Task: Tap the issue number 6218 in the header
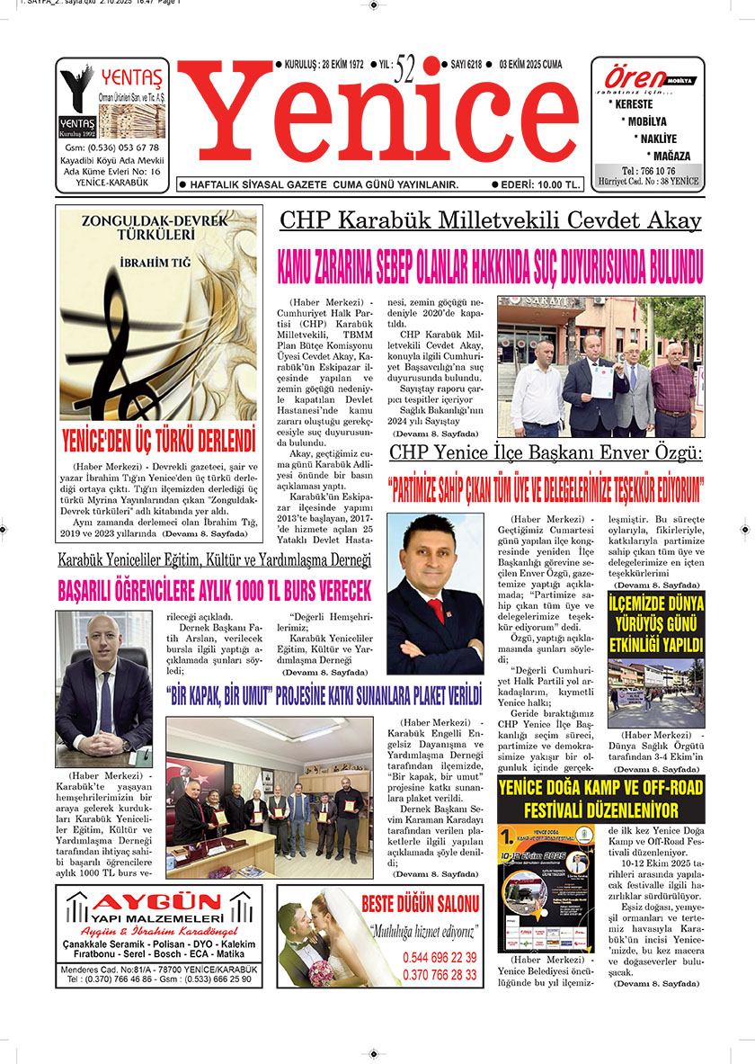point(466,65)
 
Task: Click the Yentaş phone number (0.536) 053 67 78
point(112,148)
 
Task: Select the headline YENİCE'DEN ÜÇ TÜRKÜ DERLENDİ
point(159,443)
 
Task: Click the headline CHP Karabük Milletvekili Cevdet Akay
point(490,221)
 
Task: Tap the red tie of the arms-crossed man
point(437,610)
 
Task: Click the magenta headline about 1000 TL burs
point(215,591)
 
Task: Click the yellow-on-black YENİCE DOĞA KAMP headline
point(600,799)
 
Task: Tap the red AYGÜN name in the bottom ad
point(159,902)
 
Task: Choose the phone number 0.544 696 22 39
point(440,958)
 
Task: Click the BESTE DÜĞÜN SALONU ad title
point(421,903)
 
